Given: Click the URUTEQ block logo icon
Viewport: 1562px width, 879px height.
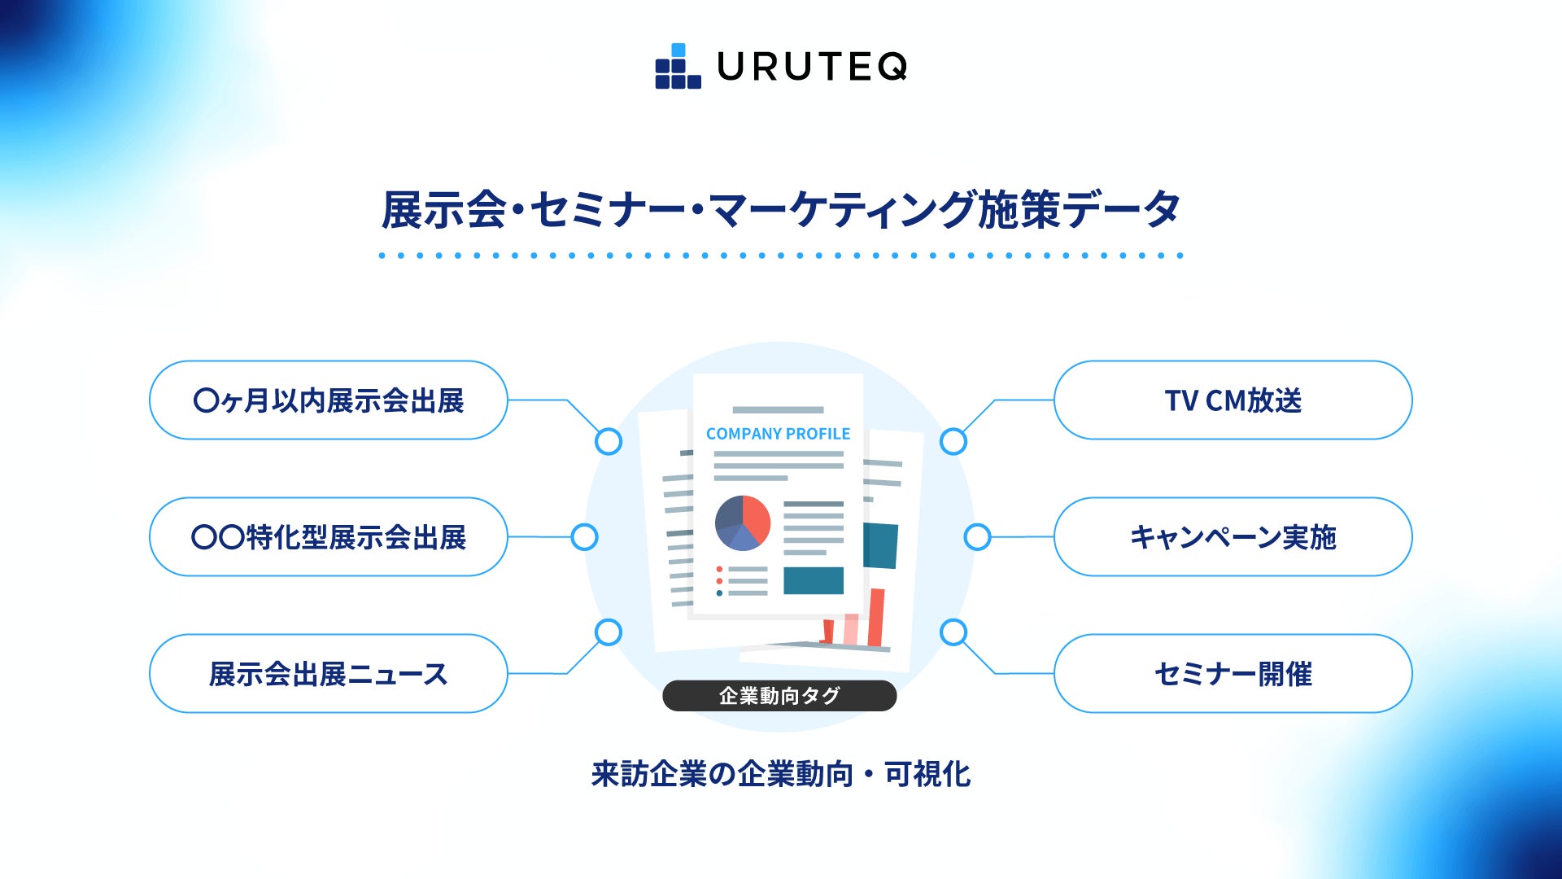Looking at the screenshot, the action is coord(678,67).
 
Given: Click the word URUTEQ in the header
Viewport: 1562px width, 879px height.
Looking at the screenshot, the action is coord(812,67).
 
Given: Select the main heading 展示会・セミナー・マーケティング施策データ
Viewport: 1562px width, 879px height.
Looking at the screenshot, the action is coord(781,210).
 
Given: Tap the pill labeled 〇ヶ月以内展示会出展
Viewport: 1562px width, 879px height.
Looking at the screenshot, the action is coord(329,400).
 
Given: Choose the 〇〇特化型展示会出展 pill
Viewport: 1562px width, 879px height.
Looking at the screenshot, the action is coord(329,537).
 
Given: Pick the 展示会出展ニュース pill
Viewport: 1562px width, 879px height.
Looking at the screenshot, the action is coord(329,674).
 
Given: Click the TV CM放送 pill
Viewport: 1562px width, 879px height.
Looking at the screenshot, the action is coord(1233,400).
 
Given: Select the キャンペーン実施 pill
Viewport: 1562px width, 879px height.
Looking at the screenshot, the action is coord(1233,537).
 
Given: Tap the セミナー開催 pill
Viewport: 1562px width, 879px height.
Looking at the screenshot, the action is coord(1233,674).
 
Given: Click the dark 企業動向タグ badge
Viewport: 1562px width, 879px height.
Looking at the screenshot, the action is coord(779,696).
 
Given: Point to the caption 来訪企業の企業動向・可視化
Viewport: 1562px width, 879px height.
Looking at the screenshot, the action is coord(781,774).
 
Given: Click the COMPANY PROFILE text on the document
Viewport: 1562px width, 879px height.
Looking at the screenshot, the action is coord(778,434).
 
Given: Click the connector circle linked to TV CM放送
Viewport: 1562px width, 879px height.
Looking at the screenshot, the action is coord(953,442).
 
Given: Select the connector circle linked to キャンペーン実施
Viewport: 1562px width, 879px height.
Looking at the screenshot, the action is coord(977,537).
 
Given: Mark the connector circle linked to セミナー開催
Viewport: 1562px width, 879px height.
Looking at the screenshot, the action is coord(953,632).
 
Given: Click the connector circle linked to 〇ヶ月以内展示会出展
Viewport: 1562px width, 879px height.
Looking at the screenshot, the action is coord(609,442).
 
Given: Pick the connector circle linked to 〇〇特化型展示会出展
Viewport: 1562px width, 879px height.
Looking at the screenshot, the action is coord(584,537).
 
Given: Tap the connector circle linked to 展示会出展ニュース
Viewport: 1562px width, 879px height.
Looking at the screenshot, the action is coord(609,632).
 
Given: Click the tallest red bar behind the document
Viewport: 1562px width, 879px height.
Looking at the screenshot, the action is coord(876,619).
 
